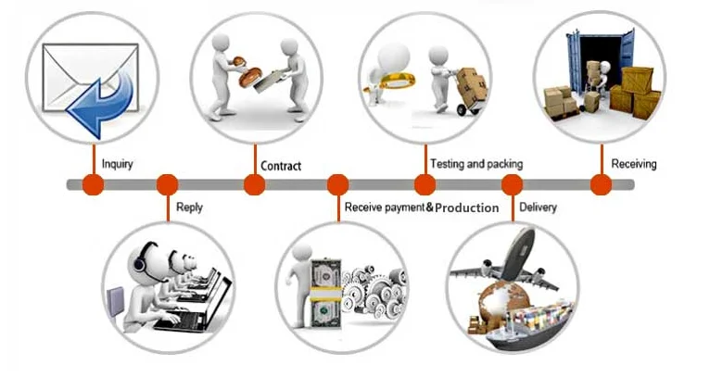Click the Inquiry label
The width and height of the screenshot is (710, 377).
118,165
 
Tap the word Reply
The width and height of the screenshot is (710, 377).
189,207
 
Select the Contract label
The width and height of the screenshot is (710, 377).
281,166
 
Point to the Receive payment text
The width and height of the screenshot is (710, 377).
384,207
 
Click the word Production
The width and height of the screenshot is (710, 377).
467,207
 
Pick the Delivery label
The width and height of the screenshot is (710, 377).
539,207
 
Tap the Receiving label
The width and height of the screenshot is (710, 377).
633,164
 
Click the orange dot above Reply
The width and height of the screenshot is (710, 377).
168,184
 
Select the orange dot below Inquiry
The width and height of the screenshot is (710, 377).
93,184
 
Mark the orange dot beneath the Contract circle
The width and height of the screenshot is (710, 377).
254,184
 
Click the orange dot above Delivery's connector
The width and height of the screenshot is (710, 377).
513,184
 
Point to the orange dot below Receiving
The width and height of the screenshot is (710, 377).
601,184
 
